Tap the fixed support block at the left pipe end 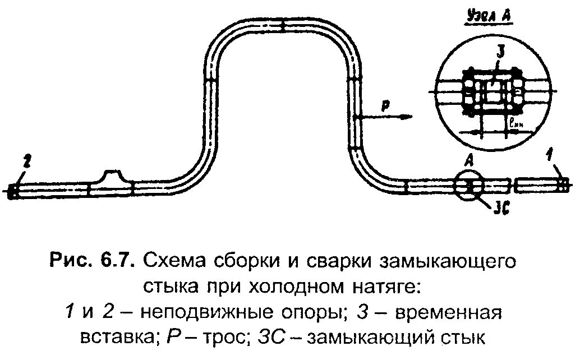[13, 191]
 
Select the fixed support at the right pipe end [564, 184]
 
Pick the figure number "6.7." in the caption [116, 260]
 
